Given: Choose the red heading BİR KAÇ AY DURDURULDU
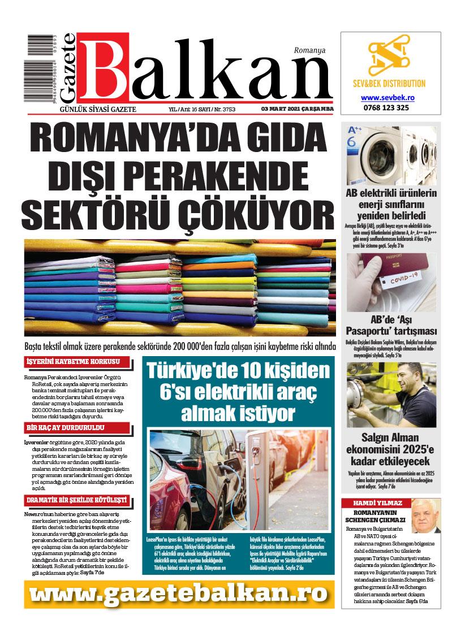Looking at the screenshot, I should click(68, 427).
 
